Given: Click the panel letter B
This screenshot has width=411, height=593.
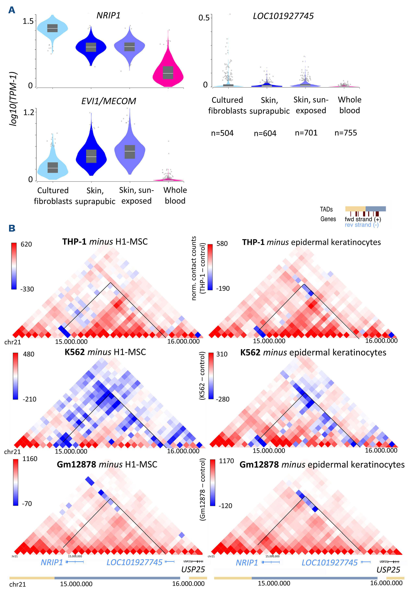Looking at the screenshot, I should pos(12,228).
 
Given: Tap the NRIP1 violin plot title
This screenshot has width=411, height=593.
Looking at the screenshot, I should pos(108,16).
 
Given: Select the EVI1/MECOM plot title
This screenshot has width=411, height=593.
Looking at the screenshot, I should pos(108,101).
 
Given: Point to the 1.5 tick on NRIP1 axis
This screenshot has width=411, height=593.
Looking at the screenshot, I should pos(28,21).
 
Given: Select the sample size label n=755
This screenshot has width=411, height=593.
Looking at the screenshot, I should pos(346,133).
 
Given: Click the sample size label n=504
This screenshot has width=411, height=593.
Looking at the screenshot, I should pos(222,133).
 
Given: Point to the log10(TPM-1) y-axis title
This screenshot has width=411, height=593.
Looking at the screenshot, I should pos(13,99).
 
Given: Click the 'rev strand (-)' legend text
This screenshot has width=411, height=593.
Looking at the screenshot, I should pos(362,225).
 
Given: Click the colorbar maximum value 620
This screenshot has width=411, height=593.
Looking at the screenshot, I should pos(26,244).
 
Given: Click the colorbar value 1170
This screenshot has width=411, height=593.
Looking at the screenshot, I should pos(226,461).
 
